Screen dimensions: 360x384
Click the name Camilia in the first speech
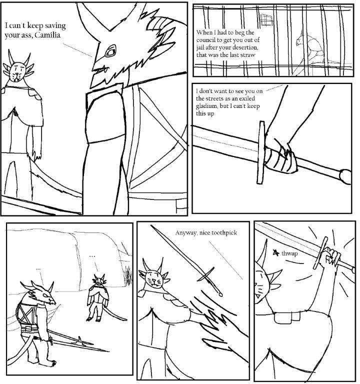click(x=47, y=35)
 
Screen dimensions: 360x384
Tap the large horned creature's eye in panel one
click(x=110, y=51)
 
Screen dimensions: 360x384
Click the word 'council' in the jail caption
click(x=205, y=40)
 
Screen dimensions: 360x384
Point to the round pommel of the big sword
click(x=345, y=176)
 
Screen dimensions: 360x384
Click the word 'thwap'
click(x=289, y=253)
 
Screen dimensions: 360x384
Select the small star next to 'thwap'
click(x=276, y=252)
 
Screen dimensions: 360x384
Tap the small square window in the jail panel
click(x=266, y=19)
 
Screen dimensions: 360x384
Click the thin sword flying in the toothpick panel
click(x=186, y=261)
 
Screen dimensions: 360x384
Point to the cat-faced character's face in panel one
click(x=16, y=72)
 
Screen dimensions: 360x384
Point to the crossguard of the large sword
click(x=261, y=152)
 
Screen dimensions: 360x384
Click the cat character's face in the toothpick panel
click(x=154, y=279)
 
